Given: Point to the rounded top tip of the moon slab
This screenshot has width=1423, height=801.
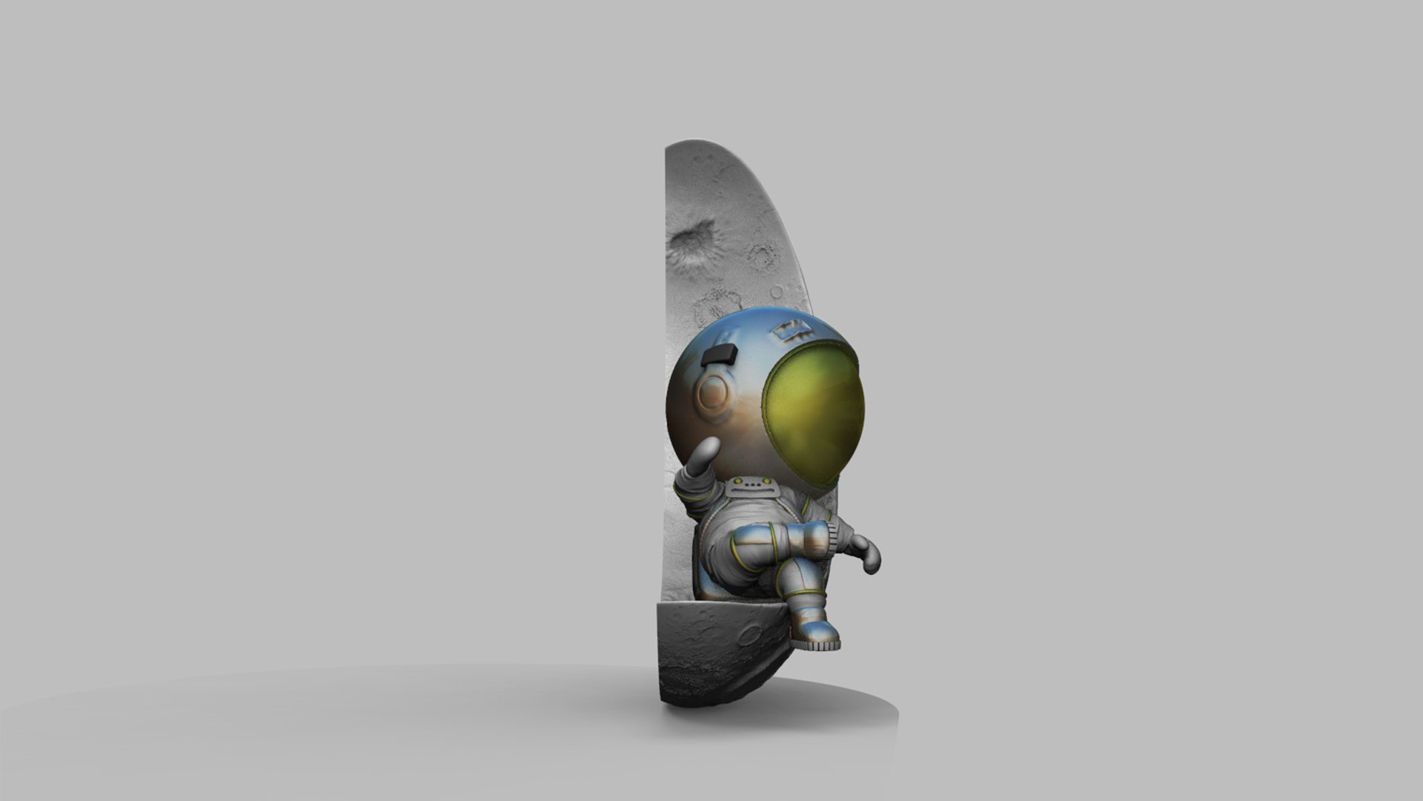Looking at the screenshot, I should click(697, 142).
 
